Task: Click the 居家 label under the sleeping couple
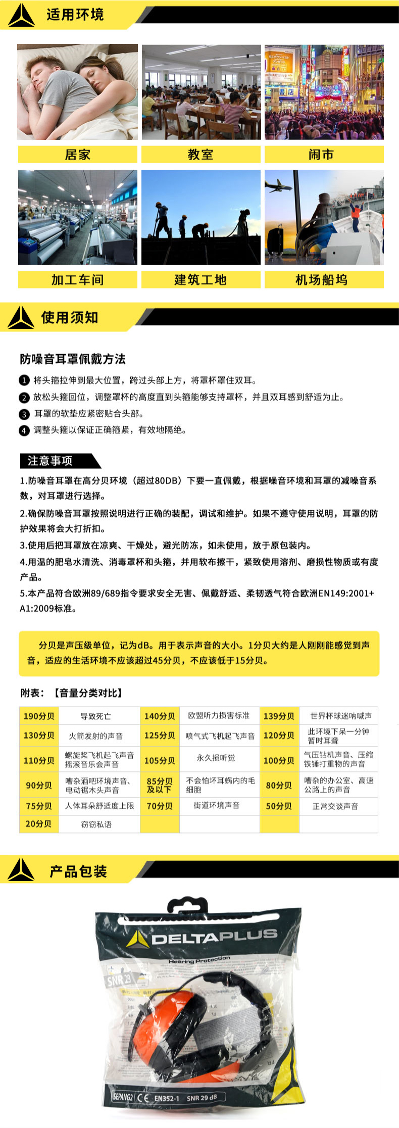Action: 77,155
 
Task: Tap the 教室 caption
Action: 201,155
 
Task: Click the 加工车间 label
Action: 77,279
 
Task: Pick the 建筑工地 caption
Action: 201,279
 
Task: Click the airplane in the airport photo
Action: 278,185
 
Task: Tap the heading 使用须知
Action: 70,318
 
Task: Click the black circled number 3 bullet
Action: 24,414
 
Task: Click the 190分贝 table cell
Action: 39,716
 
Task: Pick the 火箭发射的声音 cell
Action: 96,736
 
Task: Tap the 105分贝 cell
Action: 160,760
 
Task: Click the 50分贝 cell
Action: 279,806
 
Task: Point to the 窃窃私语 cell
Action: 96,824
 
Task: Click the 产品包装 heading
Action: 78,871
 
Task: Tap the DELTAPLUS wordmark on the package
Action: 215,938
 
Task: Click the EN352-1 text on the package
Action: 167,1098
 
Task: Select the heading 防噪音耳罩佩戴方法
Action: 73,359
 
